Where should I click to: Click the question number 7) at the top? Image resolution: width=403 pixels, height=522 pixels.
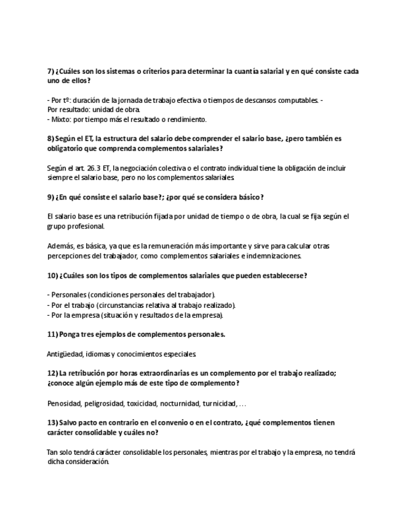(x=51, y=71)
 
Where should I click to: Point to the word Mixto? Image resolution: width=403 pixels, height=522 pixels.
(x=61, y=119)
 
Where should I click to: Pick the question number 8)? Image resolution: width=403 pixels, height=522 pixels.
(x=51, y=139)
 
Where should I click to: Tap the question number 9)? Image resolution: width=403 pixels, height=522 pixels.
(x=51, y=197)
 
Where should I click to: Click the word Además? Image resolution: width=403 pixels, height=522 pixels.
(x=59, y=246)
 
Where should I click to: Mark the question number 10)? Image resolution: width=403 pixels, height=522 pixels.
(x=53, y=275)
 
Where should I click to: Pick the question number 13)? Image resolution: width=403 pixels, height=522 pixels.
(x=53, y=423)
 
